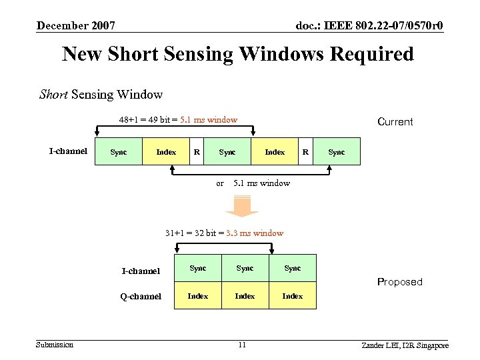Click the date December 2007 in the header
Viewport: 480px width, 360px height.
(76, 26)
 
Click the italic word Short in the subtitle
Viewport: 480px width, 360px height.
(54, 94)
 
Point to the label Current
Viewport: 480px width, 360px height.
(395, 122)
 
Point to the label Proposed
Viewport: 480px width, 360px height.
(400, 282)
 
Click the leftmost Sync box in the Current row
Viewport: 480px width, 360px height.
(119, 152)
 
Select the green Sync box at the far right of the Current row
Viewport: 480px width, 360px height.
(337, 152)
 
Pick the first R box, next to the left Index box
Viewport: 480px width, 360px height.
(196, 152)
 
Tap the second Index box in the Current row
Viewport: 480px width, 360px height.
(275, 152)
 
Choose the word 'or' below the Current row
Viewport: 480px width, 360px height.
(220, 183)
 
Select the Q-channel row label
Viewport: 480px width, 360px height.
(141, 296)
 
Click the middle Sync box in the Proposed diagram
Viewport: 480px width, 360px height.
(245, 268)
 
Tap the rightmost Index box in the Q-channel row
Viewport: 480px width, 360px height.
(293, 296)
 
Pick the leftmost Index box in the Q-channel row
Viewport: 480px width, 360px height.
(198, 296)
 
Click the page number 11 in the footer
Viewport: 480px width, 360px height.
(242, 345)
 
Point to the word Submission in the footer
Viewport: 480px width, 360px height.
(55, 344)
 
